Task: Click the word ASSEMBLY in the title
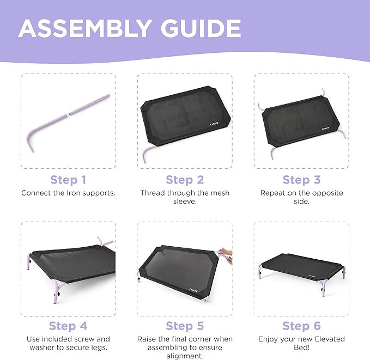pyautogui.click(x=84, y=28)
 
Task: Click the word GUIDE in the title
pyautogui.click(x=201, y=28)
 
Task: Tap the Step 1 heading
pyautogui.click(x=68, y=180)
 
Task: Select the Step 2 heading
pyautogui.click(x=185, y=180)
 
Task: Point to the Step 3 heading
pyautogui.click(x=301, y=180)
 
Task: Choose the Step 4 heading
pyautogui.click(x=68, y=326)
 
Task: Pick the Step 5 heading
pyautogui.click(x=185, y=326)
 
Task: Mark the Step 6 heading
pyautogui.click(x=301, y=326)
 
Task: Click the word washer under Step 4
pyautogui.click(x=40, y=347)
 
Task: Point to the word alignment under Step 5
pyautogui.click(x=185, y=356)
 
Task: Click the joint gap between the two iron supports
pyautogui.click(x=69, y=114)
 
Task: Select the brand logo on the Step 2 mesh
pyautogui.click(x=214, y=124)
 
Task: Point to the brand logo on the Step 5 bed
pyautogui.click(x=193, y=290)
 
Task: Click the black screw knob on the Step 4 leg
pyautogui.click(x=57, y=295)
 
